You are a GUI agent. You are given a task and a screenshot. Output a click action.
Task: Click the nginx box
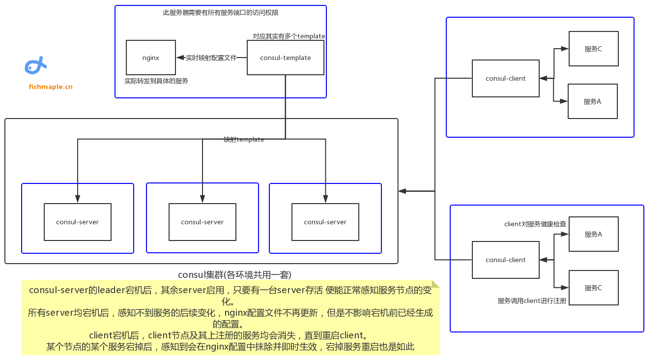[151, 58]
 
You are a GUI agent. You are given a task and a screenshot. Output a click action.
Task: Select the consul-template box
[285, 58]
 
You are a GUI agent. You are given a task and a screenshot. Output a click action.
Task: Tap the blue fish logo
[35, 65]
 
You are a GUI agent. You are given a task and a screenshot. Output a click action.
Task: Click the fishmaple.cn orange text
[51, 87]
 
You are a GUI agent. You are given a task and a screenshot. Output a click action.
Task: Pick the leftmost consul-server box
[78, 222]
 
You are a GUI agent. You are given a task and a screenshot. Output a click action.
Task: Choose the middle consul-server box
[202, 222]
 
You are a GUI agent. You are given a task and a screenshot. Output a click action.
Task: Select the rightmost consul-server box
[325, 222]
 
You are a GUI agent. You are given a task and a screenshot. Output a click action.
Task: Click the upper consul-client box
[505, 78]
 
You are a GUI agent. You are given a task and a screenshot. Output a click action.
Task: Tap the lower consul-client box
[505, 260]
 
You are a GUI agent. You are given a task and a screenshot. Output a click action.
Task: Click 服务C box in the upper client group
[593, 49]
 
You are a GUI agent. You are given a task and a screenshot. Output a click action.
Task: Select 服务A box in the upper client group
[592, 101]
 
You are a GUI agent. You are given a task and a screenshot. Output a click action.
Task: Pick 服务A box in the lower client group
[593, 234]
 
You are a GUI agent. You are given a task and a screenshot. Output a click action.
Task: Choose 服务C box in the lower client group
[593, 288]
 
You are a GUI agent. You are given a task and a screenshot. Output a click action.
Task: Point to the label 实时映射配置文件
[211, 58]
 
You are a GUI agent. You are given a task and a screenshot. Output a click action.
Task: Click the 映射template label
[244, 140]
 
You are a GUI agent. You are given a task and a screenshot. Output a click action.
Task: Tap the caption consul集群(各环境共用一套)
[238, 274]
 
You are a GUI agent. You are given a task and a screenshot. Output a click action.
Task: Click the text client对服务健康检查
[535, 224]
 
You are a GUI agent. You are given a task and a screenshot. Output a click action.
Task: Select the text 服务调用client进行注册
[532, 300]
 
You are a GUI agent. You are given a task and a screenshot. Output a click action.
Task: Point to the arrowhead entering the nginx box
[179, 58]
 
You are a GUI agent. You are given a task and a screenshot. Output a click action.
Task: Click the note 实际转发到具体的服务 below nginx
[156, 81]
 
